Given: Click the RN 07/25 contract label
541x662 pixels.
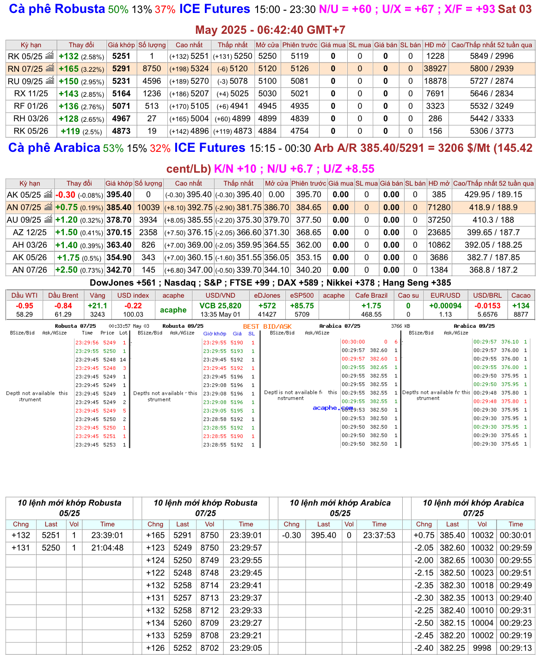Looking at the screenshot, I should (25, 69).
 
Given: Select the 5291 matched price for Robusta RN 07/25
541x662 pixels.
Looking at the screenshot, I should (121, 69).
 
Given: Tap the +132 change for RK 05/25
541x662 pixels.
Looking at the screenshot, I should (68, 56).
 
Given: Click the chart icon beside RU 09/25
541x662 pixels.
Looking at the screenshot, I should (49, 81).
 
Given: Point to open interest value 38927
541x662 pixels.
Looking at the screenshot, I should (435, 69).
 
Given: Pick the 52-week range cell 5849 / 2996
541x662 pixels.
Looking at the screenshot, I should (492, 56).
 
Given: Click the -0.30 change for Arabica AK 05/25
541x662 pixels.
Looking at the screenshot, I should (65, 195).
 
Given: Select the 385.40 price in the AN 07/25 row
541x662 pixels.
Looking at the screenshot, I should (119, 207).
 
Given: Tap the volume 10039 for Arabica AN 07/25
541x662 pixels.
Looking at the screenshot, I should (148, 207).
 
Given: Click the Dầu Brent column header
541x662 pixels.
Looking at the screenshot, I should (63, 295).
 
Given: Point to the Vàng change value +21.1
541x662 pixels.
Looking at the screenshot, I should (98, 306).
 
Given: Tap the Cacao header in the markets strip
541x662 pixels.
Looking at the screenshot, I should (521, 295).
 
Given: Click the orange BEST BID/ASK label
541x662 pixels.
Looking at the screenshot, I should (267, 326).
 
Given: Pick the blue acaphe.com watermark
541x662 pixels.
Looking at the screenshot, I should (332, 408).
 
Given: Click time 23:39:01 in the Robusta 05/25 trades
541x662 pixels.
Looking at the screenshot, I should (107, 535).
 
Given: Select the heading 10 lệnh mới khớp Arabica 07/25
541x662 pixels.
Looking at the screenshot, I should (473, 508).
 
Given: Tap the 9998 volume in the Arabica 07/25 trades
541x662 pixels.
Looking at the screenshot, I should (482, 648).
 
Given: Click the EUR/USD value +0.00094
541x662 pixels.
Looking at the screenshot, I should (445, 306).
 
